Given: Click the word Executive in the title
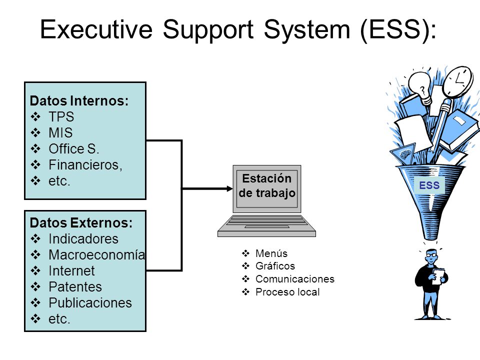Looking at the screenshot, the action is click(x=96, y=29).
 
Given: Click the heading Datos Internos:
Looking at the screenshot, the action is click(x=79, y=100).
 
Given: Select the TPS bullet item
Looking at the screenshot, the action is click(x=61, y=116).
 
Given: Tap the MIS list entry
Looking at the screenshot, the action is click(x=60, y=133).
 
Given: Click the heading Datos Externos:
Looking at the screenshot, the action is click(x=81, y=222).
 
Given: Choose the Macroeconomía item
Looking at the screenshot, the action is click(x=96, y=255).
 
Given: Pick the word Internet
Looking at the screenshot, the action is click(x=71, y=271).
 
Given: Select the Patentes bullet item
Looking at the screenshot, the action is click(x=75, y=287).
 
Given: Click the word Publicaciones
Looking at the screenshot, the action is click(x=90, y=303).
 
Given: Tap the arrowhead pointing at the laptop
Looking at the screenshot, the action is click(x=229, y=188).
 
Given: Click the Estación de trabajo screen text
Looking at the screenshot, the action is click(x=267, y=185).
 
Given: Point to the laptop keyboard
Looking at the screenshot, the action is click(x=266, y=222).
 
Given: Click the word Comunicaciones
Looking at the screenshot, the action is click(x=295, y=279).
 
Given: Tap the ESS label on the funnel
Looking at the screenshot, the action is click(x=429, y=185).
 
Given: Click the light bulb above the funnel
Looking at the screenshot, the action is click(x=421, y=86).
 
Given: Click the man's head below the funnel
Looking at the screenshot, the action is click(x=431, y=256).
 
